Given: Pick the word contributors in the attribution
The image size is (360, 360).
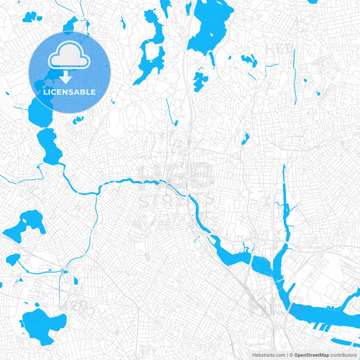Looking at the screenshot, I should coord(343,354).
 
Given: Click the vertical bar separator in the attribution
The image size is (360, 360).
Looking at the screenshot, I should coord(288,354).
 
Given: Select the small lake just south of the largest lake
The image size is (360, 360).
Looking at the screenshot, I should coord(199,80).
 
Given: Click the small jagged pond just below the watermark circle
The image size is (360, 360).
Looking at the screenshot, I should coord(78,120).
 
